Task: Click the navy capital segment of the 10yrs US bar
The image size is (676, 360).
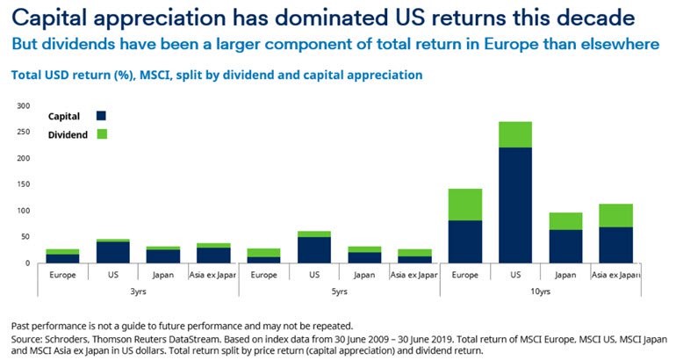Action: pyautogui.click(x=514, y=205)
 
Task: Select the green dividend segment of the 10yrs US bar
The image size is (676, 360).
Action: pyautogui.click(x=514, y=134)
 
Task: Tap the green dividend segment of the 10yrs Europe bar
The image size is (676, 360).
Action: pyautogui.click(x=464, y=204)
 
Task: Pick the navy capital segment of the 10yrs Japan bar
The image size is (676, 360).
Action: pyautogui.click(x=565, y=246)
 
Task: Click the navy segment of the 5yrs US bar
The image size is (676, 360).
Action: pyautogui.click(x=313, y=249)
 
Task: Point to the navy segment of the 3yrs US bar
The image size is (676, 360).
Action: pyautogui.click(x=112, y=252)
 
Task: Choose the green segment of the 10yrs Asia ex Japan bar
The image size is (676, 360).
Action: pyautogui.click(x=615, y=215)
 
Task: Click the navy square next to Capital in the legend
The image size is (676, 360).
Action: pyautogui.click(x=101, y=115)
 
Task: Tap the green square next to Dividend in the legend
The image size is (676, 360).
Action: pyautogui.click(x=101, y=134)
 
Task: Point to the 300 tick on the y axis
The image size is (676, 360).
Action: pyautogui.click(x=23, y=105)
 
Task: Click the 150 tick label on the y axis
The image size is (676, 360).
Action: pyautogui.click(x=23, y=184)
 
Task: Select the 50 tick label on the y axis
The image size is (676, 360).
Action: pyautogui.click(x=25, y=237)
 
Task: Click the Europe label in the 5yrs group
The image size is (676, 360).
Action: pyautogui.click(x=263, y=275)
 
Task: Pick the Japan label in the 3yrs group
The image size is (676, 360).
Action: pyautogui.click(x=162, y=275)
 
